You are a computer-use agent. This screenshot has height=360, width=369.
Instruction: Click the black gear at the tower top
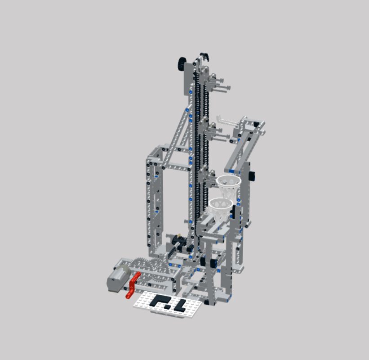click(x=182, y=63)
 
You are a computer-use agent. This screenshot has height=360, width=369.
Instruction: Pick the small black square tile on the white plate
click(x=168, y=306)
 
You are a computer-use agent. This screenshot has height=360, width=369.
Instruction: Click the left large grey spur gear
click(x=141, y=265)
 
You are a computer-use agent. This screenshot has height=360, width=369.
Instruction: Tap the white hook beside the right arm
click(x=223, y=118)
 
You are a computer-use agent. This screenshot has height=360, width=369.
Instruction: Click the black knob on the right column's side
click(x=253, y=175)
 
